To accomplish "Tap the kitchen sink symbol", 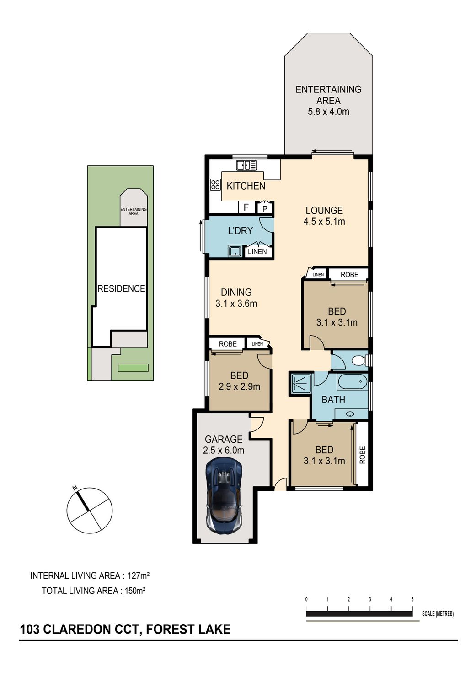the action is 246,165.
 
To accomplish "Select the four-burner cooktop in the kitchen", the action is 215,185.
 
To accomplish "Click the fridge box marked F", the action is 246,207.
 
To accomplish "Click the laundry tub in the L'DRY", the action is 235,251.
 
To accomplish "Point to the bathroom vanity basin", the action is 351,414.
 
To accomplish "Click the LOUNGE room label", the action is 324,210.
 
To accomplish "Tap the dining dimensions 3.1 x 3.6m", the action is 236,304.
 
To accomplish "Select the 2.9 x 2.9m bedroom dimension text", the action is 240,386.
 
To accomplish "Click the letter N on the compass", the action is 75,488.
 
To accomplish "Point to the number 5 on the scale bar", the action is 412,599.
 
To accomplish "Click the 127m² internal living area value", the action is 139,576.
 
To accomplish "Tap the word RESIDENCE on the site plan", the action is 122,288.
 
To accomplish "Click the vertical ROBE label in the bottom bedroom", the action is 362,455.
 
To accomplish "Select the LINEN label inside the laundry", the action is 257,251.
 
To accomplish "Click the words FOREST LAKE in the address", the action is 188,630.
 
